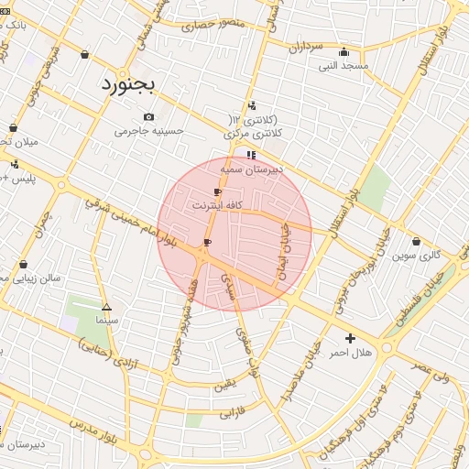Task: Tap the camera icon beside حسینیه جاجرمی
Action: coord(149,116)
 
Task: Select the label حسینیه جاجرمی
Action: coord(149,131)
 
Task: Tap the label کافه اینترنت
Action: coord(216,206)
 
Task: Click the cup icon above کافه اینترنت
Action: coord(217,191)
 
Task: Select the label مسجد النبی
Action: coord(343,66)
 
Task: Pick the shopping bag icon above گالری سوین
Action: coord(417,241)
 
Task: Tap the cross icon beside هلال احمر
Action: coord(350,338)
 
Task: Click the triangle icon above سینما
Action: coord(107,307)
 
